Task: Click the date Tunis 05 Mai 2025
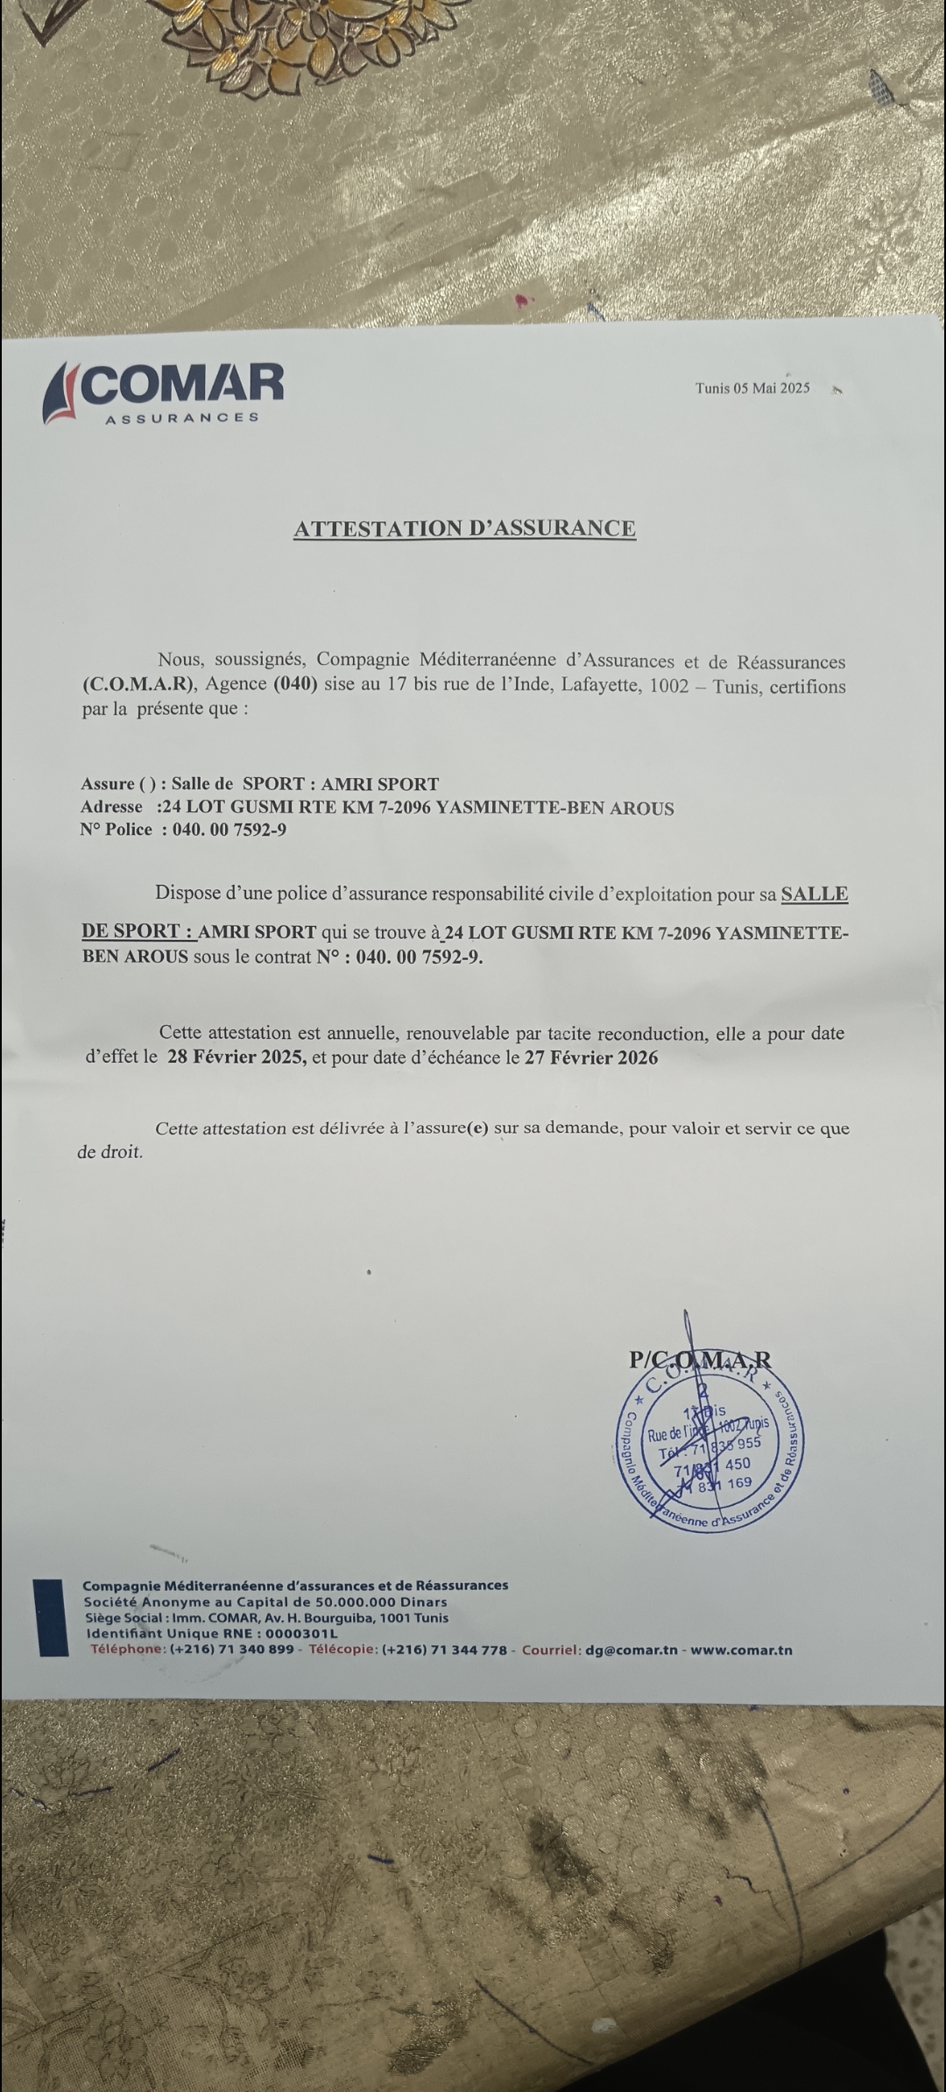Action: coord(752,388)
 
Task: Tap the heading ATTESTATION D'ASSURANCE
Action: coord(464,528)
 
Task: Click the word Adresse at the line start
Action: coord(111,807)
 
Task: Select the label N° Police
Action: coord(116,829)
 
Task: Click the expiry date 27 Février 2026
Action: coord(591,1057)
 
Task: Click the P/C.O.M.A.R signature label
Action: coord(701,1359)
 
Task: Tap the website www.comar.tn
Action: coord(742,1650)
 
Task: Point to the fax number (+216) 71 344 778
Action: coord(444,1650)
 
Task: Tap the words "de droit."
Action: coord(109,1152)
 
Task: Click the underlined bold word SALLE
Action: coord(814,894)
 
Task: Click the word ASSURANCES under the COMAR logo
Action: coord(182,418)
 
